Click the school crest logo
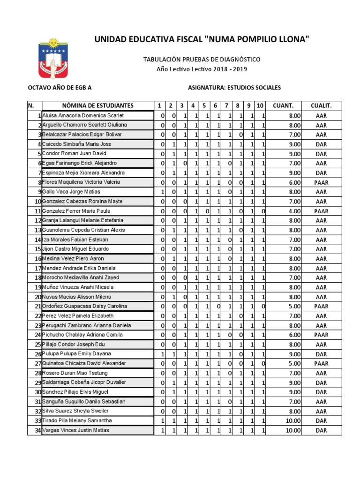[x=53, y=59]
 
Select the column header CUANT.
[x=283, y=105]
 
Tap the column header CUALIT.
[x=321, y=105]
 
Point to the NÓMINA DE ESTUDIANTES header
[x=97, y=105]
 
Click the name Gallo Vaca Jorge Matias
[x=71, y=192]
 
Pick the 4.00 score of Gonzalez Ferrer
[x=294, y=211]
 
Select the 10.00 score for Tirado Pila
[x=293, y=420]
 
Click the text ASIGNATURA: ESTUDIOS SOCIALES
[x=234, y=88]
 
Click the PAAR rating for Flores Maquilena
[x=321, y=182]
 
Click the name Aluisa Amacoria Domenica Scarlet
[x=83, y=115]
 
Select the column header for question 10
[x=260, y=105]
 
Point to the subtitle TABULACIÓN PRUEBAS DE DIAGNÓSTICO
[x=202, y=60]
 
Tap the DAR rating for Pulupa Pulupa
[x=321, y=354]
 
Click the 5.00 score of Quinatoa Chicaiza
[x=294, y=363]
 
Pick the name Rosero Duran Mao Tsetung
[x=75, y=373]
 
